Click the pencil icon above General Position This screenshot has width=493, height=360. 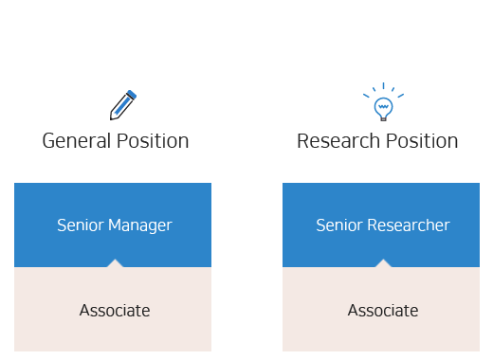122,104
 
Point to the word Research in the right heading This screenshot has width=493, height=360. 333,141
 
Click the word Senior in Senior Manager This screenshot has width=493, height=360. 79,225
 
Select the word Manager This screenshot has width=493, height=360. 139,225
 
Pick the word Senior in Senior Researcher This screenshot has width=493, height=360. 338,225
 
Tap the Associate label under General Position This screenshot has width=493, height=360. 115,310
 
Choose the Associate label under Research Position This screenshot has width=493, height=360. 383,310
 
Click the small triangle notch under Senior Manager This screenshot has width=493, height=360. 114,263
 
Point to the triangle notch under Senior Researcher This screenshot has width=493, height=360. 382,263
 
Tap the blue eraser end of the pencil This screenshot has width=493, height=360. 131,95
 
